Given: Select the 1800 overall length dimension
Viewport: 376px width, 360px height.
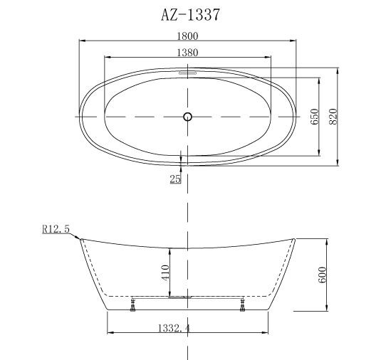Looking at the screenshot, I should pos(187,36).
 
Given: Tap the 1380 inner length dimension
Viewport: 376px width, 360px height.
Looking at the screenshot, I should pos(187,52).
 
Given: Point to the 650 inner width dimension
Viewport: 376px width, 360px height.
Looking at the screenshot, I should pos(313,116).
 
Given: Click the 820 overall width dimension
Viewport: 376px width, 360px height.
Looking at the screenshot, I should pos(333,117).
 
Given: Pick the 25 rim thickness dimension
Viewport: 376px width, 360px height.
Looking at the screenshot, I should pos(175,179).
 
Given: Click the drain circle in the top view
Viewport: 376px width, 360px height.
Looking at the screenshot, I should pos(188,116).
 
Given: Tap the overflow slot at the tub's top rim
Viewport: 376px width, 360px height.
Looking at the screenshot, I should pos(188,72).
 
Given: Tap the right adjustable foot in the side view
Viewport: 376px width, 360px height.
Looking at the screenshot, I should pos(244,307).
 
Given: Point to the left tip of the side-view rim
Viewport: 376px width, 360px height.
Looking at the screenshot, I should pos(80,240).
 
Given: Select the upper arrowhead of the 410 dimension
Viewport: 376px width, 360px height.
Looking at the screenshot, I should pos(170,249).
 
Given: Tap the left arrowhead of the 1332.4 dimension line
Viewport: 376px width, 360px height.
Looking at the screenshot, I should pos(109,333).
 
